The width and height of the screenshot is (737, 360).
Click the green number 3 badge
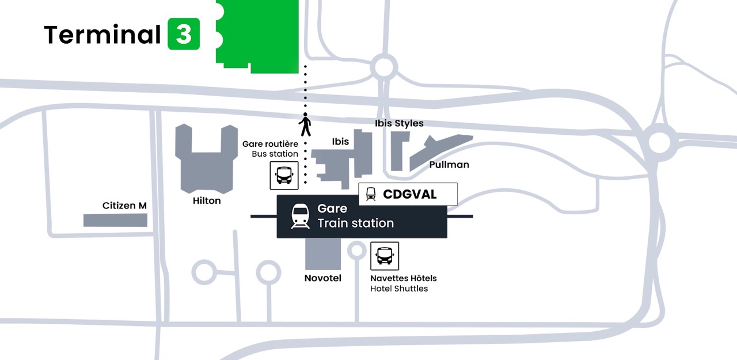(x=184, y=34)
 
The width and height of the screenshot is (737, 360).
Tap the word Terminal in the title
(x=102, y=34)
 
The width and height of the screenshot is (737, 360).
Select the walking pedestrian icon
(x=305, y=124)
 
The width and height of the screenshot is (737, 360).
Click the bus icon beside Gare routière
(x=284, y=176)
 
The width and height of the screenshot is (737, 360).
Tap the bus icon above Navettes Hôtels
(x=385, y=256)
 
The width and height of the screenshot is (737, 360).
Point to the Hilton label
(x=207, y=200)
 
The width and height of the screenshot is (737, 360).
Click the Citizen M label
(x=124, y=206)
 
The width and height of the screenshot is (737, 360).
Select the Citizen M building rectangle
(x=115, y=220)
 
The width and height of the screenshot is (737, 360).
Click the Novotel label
(x=323, y=278)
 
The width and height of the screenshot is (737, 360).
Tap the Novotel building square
(x=323, y=254)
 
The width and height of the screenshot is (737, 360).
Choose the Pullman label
(x=449, y=165)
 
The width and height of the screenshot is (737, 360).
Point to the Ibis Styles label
(x=399, y=123)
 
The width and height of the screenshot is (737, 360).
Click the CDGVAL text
(x=410, y=195)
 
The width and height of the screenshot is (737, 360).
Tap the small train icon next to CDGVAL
(x=371, y=194)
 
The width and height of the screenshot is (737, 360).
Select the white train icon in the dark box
(x=300, y=216)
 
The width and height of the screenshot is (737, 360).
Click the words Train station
(x=356, y=223)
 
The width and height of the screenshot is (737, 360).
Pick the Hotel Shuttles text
(x=399, y=289)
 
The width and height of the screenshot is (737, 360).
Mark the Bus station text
(x=275, y=154)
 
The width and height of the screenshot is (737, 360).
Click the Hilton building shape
(x=206, y=159)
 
